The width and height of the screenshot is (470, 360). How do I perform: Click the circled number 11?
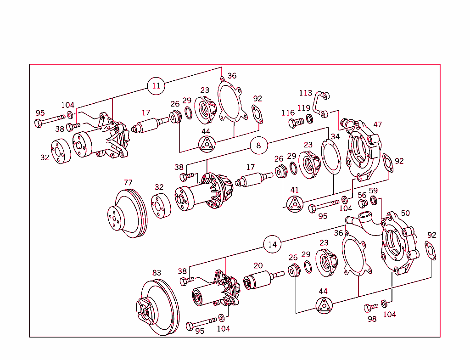tap(157, 86)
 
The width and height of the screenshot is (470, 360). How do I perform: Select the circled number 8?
tap(258, 146)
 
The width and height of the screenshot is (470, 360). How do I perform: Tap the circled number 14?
tap(272, 244)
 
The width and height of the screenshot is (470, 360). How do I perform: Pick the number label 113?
tap(305, 93)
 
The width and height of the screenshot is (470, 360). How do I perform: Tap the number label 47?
tap(377, 124)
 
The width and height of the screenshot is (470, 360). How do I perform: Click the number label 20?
tap(258, 265)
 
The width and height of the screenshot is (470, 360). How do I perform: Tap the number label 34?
tap(335, 136)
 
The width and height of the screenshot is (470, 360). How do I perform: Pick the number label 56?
tap(362, 195)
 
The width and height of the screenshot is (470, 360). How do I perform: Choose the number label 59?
tap(373, 191)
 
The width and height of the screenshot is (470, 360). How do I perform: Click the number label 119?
tap(303, 108)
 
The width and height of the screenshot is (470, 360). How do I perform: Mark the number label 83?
tap(157, 273)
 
